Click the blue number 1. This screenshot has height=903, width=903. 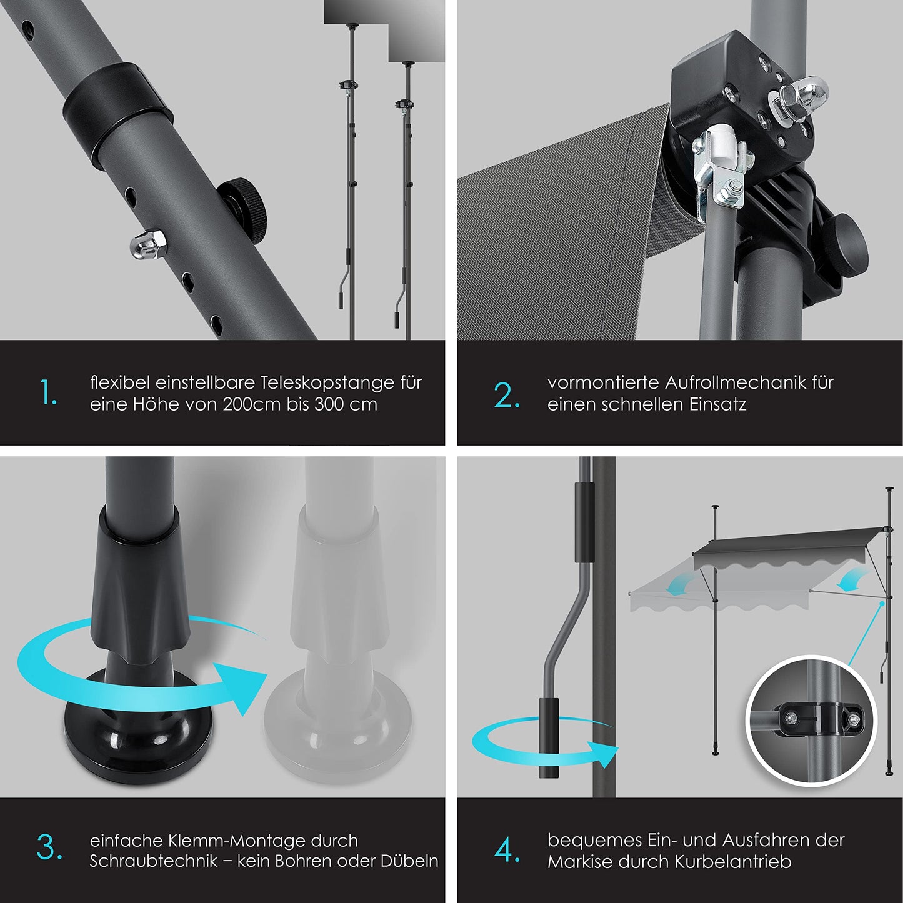(x=49, y=392)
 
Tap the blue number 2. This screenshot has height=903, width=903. (x=507, y=394)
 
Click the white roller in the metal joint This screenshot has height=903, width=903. (x=721, y=146)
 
